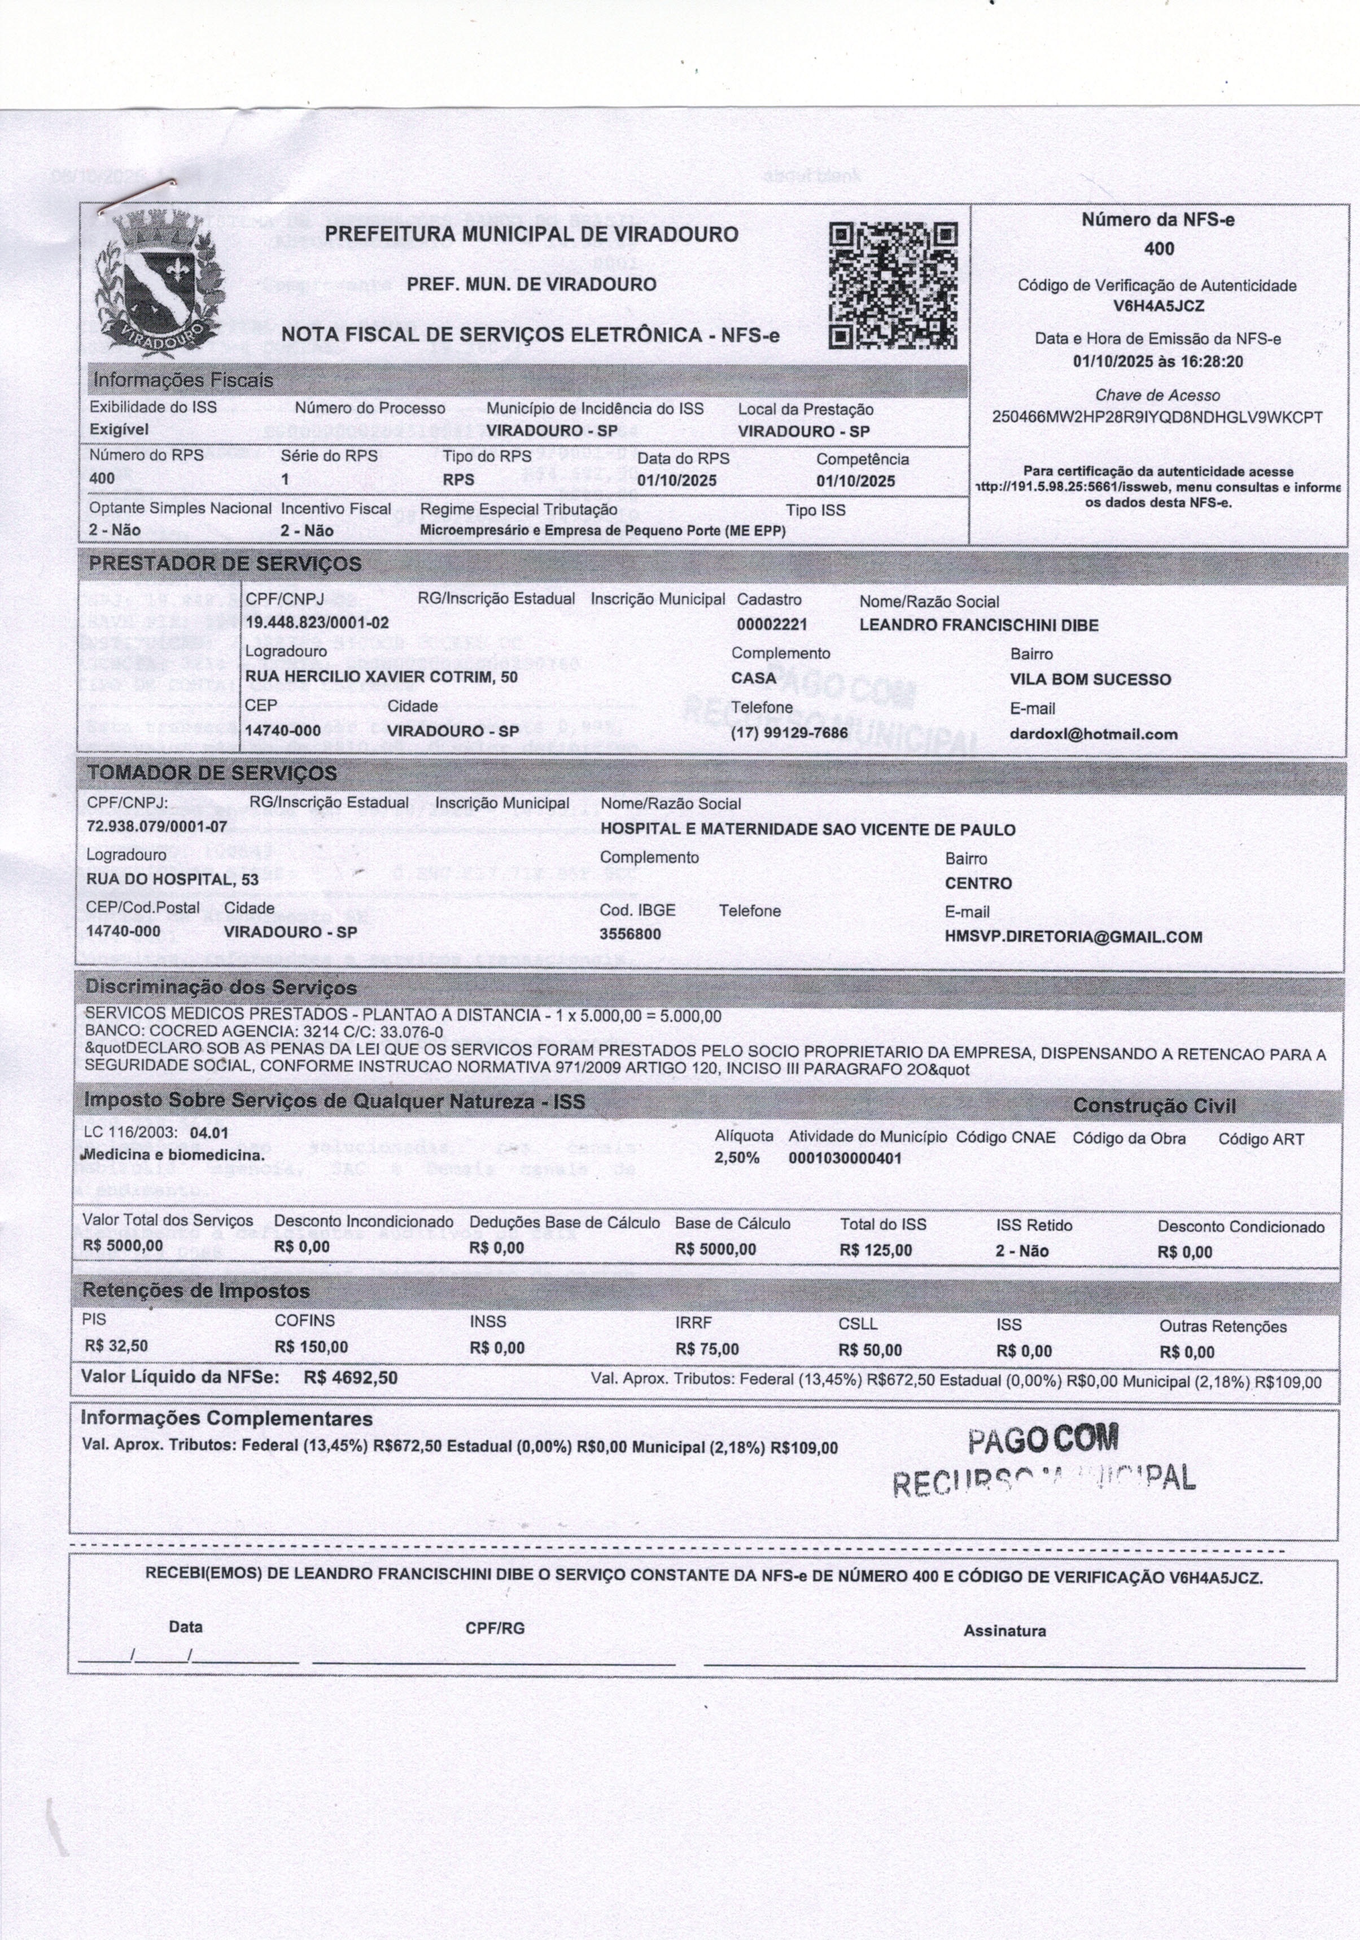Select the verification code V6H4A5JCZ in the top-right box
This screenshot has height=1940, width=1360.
click(1158, 306)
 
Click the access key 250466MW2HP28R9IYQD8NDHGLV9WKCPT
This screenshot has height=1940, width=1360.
click(1157, 417)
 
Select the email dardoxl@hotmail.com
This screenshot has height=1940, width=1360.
click(1093, 734)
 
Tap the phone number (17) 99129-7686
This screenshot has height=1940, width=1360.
click(789, 733)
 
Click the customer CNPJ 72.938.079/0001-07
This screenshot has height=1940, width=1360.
click(157, 826)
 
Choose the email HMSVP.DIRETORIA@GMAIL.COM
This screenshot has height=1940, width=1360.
click(1073, 936)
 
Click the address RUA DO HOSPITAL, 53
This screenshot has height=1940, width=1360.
click(172, 879)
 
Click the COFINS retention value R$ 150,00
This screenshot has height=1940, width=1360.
click(311, 1347)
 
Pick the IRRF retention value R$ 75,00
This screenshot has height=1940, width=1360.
click(707, 1348)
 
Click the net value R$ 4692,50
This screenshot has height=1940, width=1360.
click(350, 1378)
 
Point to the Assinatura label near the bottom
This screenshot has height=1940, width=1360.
click(1004, 1631)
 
